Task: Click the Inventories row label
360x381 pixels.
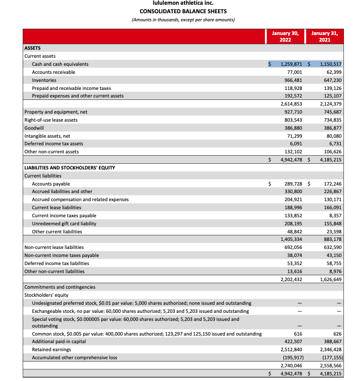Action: click(44, 80)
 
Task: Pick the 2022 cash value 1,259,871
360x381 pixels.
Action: click(289, 64)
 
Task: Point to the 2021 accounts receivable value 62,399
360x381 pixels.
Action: click(331, 72)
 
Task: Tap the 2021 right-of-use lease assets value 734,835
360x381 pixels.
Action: click(331, 120)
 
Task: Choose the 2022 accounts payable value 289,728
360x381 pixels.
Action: click(291, 184)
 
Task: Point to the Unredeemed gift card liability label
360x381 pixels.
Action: click(64, 223)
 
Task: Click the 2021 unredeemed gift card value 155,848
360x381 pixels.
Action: click(331, 223)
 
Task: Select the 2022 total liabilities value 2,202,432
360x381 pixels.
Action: click(289, 279)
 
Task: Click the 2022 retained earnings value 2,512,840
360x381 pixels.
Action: click(289, 349)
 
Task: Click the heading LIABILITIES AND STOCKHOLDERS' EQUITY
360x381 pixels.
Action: click(70, 168)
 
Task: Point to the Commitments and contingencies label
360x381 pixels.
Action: click(60, 287)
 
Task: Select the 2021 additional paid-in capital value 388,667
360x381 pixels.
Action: click(331, 341)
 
